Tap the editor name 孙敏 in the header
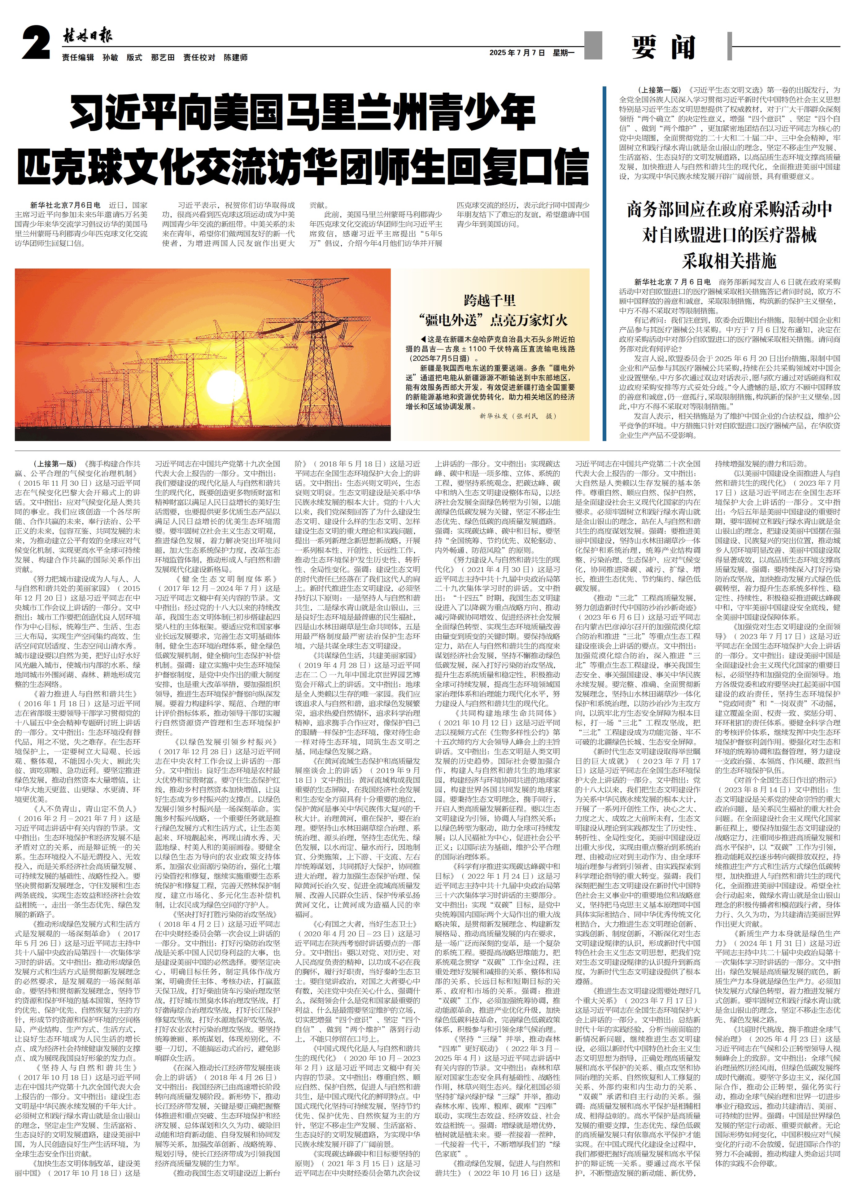point(110,57)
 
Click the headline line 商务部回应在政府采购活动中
point(729,210)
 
